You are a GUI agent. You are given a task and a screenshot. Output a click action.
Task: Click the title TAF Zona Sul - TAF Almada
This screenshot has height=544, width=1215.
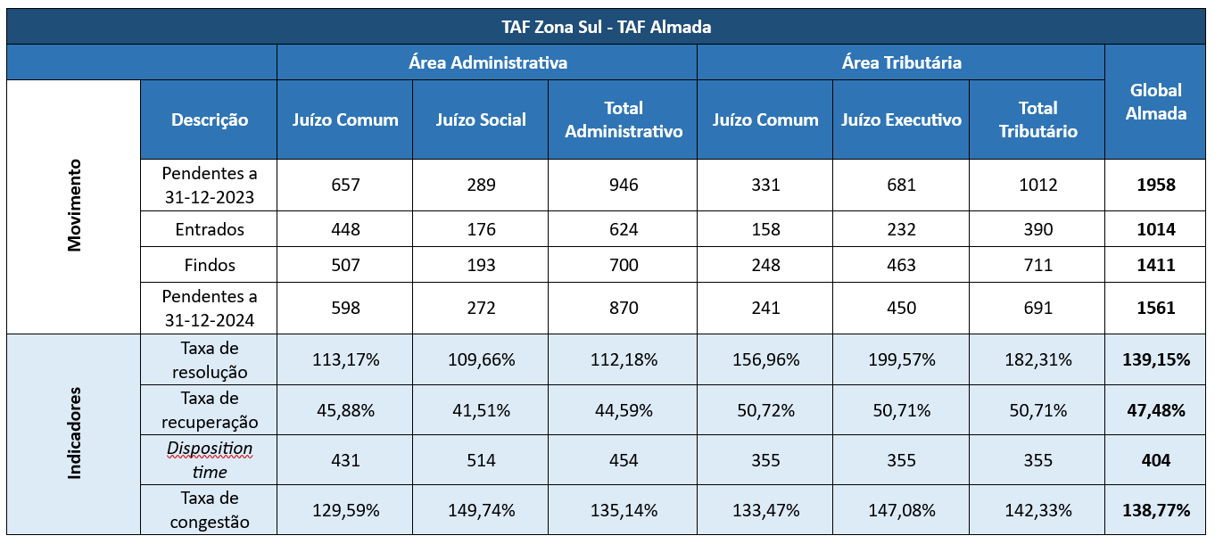(x=607, y=27)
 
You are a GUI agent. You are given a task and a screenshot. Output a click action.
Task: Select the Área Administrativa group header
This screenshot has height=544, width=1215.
(x=487, y=62)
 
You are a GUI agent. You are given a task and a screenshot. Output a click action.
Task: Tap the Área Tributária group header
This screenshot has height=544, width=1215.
(x=901, y=62)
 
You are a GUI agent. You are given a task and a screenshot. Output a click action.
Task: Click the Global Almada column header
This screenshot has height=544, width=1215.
(x=1156, y=102)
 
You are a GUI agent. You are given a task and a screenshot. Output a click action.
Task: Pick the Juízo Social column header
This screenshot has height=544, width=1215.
(x=481, y=120)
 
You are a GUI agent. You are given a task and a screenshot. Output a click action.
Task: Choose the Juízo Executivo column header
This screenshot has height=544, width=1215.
(x=901, y=120)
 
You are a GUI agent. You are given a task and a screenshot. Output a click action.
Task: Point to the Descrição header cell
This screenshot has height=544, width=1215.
(x=210, y=120)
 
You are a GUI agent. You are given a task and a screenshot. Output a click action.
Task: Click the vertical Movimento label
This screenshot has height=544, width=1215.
(x=74, y=205)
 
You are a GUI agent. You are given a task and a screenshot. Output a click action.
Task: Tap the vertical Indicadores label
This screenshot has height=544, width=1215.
(x=74, y=433)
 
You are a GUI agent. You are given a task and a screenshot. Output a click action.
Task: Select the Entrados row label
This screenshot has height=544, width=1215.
(x=210, y=229)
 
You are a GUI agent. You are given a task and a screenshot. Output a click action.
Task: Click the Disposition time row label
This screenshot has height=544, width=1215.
(x=210, y=460)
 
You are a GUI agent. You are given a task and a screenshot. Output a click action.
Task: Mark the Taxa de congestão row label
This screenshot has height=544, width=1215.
(x=210, y=510)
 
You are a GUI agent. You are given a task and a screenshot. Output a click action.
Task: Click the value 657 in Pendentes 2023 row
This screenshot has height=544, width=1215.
(x=345, y=185)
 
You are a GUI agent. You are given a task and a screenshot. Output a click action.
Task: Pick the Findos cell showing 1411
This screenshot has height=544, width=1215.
(x=1156, y=265)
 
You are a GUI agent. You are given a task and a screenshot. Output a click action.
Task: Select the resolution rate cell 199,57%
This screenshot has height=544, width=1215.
(x=901, y=360)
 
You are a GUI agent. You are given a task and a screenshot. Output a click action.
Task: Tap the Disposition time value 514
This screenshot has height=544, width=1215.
(x=481, y=460)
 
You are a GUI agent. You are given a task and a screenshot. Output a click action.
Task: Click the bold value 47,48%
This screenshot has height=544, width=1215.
(x=1156, y=410)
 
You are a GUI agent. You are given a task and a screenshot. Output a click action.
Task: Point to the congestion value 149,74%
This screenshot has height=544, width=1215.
(x=481, y=510)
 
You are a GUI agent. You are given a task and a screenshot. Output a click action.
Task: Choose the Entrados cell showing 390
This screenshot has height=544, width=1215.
(x=1037, y=229)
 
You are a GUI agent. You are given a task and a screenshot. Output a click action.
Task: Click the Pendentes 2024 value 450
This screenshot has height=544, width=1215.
(x=901, y=308)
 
